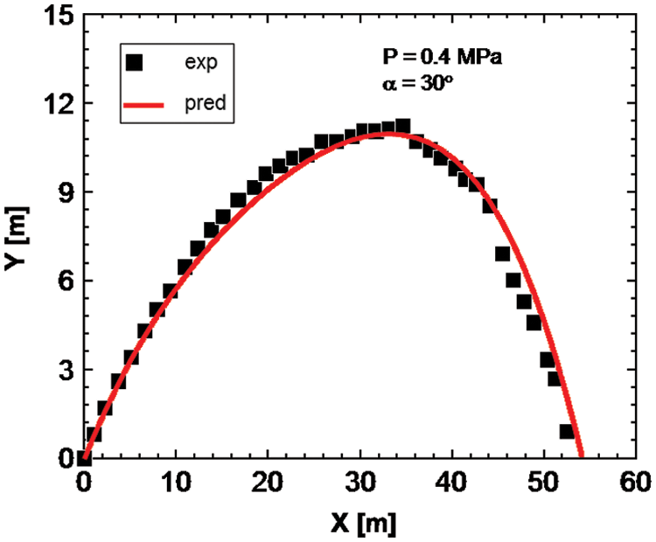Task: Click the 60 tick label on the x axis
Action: [636, 482]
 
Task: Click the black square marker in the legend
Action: [135, 63]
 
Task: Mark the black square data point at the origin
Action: [84, 457]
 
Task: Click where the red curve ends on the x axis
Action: [582, 456]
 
